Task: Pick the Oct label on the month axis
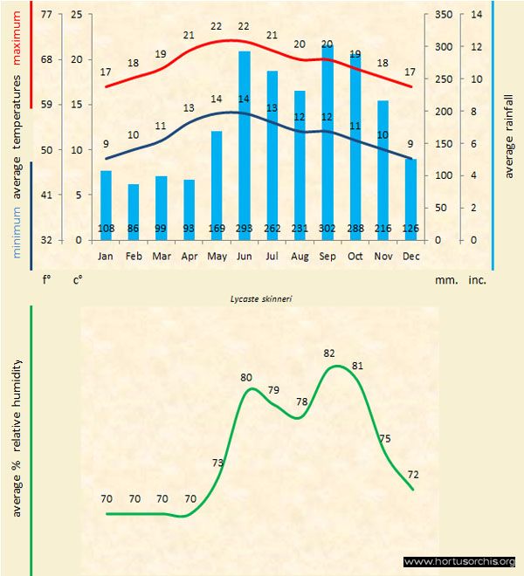coord(355,256)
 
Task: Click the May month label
coord(217,256)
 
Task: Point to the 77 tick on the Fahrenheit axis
coord(45,15)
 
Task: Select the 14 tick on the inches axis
coord(476,15)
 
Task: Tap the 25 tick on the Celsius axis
coord(77,15)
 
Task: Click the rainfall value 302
coord(327,229)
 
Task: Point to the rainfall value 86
coord(134,229)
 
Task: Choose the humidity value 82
coord(329,353)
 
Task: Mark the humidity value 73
coord(218,463)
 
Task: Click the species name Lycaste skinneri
coord(262,298)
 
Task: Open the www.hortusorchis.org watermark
coord(460,561)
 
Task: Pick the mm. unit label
coord(446,280)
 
